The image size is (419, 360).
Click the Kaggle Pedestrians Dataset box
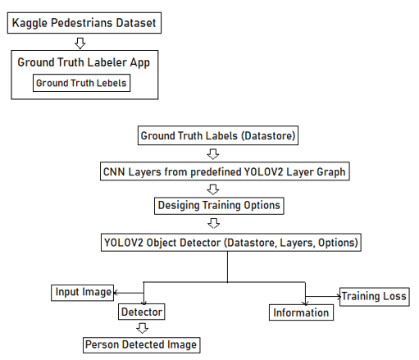click(x=84, y=23)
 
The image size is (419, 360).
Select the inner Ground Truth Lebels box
click(x=81, y=83)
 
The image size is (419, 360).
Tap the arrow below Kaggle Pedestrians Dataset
click(x=80, y=43)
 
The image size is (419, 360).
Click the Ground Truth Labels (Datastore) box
click(x=218, y=135)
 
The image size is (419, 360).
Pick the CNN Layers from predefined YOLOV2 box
click(x=225, y=171)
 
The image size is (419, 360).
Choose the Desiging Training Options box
click(x=219, y=206)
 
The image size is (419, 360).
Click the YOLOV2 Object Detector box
click(x=231, y=243)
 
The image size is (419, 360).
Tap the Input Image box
click(x=82, y=293)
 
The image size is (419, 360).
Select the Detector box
click(x=141, y=312)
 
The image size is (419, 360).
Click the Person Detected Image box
click(x=141, y=345)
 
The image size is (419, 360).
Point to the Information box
click(x=301, y=312)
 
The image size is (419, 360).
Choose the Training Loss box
click(x=375, y=297)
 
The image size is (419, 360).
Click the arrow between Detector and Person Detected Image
click(x=143, y=328)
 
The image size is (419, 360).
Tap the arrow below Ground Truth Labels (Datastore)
click(x=213, y=154)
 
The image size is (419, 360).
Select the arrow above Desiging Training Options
click(x=213, y=189)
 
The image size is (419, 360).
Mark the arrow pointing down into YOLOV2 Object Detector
click(x=213, y=223)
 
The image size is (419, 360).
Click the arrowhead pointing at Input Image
click(x=116, y=293)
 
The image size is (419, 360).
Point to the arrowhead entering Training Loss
click(x=339, y=296)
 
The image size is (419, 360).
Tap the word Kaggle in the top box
click(x=30, y=23)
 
